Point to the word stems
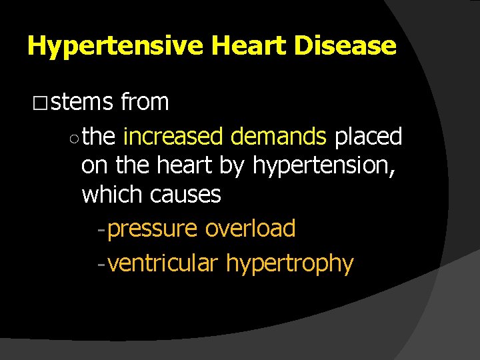(82, 103)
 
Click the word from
(145, 103)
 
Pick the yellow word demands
(279, 137)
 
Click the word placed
(368, 137)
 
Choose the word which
(113, 195)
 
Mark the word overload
(250, 229)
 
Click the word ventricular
(163, 263)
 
